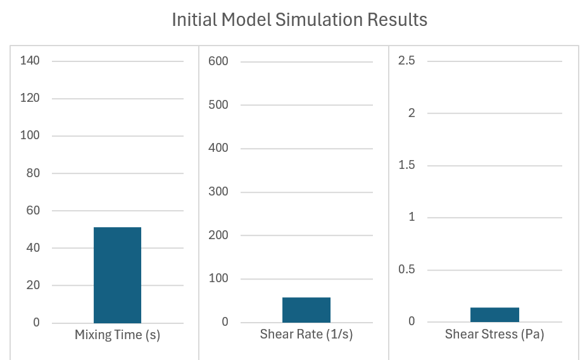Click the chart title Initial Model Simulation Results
coord(299,20)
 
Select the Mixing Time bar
coord(117,275)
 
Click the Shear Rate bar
coord(306,309)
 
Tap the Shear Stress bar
coord(495,314)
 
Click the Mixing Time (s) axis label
coord(117,335)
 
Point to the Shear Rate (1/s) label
coord(306,335)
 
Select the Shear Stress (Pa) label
coord(494,335)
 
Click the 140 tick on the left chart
coord(30,61)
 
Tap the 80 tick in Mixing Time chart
coord(32,173)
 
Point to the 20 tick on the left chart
coord(32,285)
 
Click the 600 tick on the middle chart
coord(218,61)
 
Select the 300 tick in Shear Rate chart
coord(218,192)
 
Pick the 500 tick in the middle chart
coord(218,105)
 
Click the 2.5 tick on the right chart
coord(406,61)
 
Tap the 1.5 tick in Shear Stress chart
coord(406,165)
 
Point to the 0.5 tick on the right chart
coord(406,270)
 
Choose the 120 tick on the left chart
coord(30,98)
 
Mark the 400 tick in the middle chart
coord(218,149)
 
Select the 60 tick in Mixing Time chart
coord(32,211)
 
